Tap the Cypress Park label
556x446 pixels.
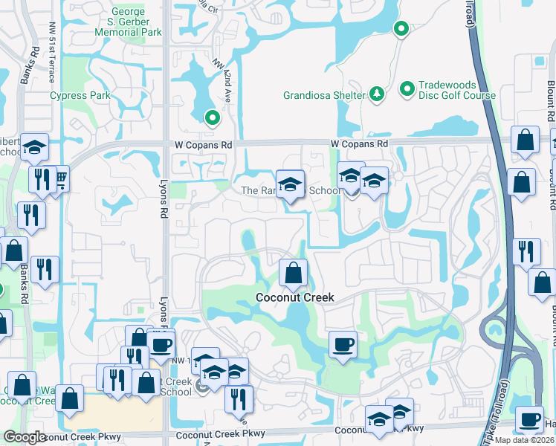[80, 95]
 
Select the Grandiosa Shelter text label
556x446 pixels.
[324, 95]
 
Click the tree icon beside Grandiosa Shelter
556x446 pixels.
[377, 94]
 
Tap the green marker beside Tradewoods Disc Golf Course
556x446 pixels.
[407, 89]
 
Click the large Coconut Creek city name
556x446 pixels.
[294, 297]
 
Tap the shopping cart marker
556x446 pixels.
[59, 178]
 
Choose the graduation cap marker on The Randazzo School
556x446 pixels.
[291, 184]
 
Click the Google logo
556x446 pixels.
[25, 438]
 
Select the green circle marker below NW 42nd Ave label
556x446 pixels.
[212, 117]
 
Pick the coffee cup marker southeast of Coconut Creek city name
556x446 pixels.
[342, 344]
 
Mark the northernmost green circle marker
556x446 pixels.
[401, 30]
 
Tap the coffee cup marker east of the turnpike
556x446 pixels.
[529, 419]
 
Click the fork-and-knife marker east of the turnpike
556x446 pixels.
[526, 251]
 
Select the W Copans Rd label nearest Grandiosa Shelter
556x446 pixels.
[360, 143]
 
